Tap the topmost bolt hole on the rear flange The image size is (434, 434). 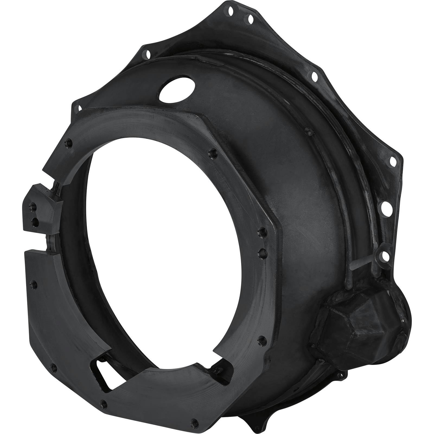231,11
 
